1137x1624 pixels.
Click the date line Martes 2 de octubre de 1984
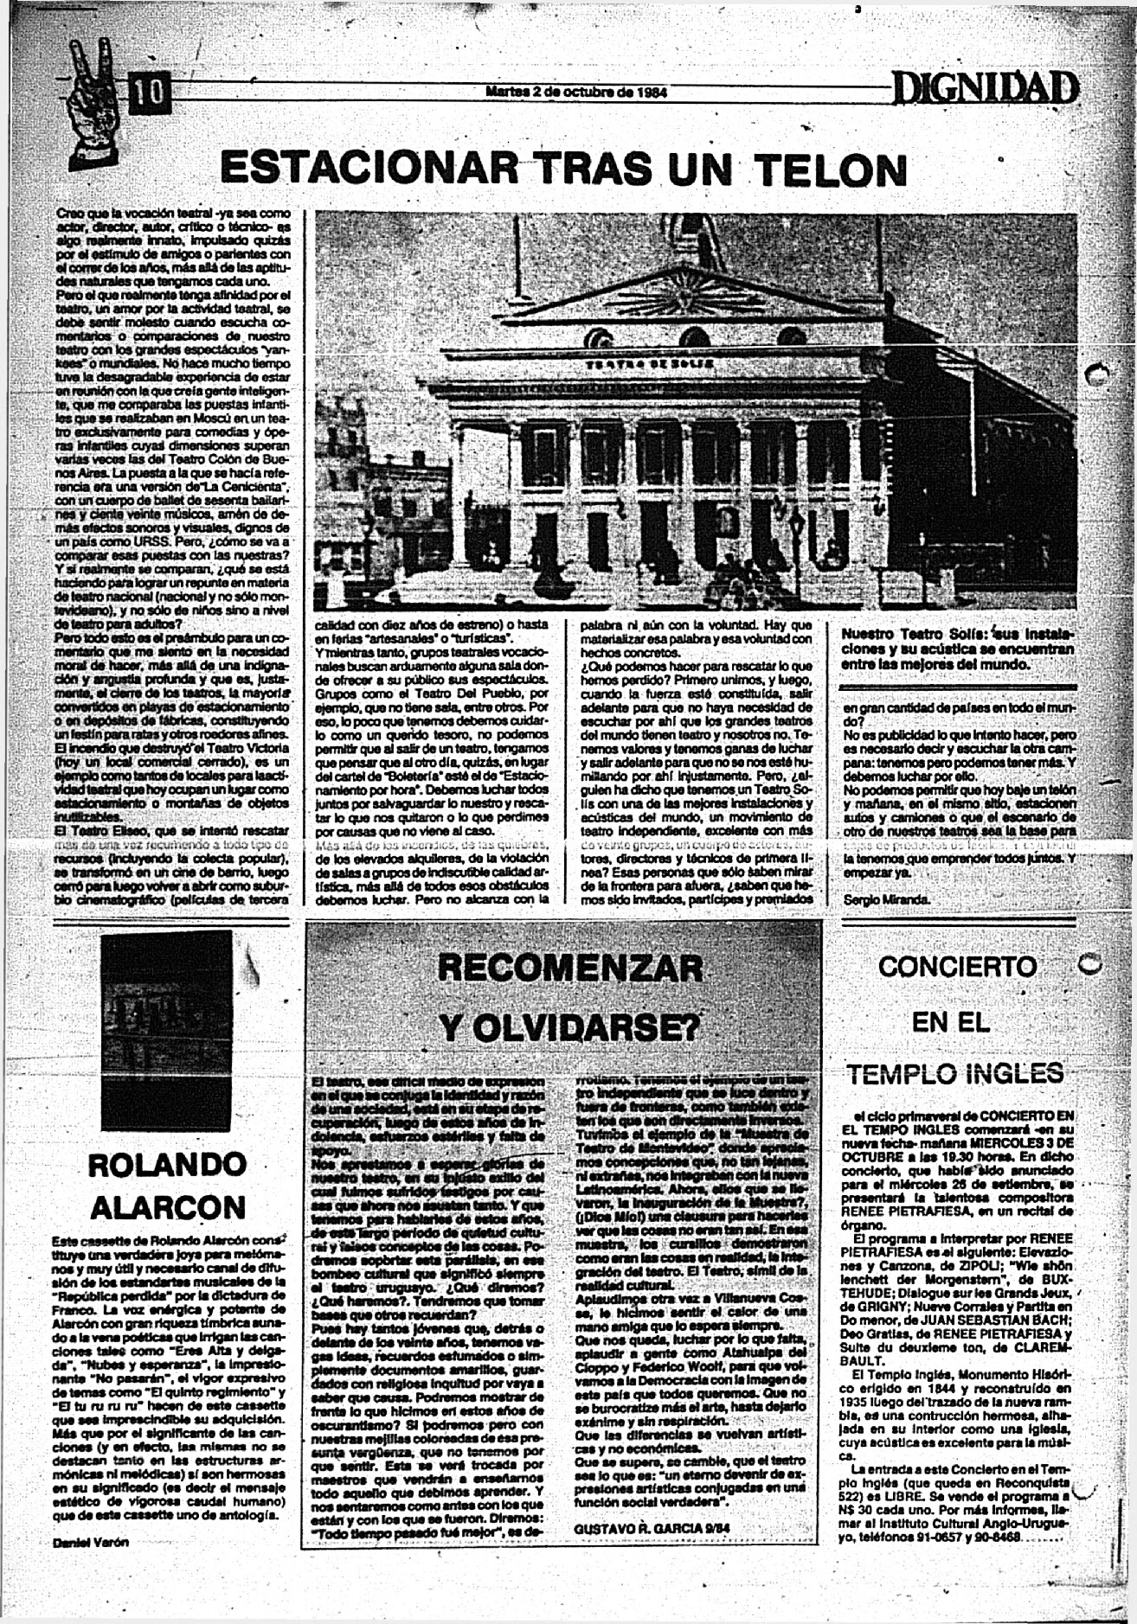[x=575, y=93]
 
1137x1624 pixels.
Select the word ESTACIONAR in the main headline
[x=367, y=169]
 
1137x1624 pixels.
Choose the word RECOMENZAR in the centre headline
[x=571, y=966]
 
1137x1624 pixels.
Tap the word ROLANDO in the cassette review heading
[x=167, y=1165]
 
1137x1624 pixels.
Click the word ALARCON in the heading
[x=167, y=1206]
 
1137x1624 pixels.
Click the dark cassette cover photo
[x=166, y=1034]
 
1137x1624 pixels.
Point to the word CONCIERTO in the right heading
[x=956, y=966]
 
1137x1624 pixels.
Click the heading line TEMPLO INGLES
[x=954, y=1074]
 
